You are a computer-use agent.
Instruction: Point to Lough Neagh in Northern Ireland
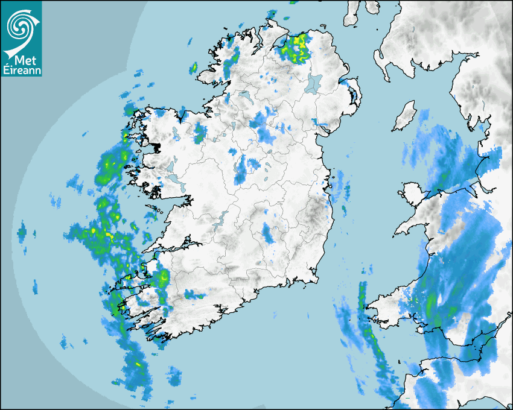(314, 83)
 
